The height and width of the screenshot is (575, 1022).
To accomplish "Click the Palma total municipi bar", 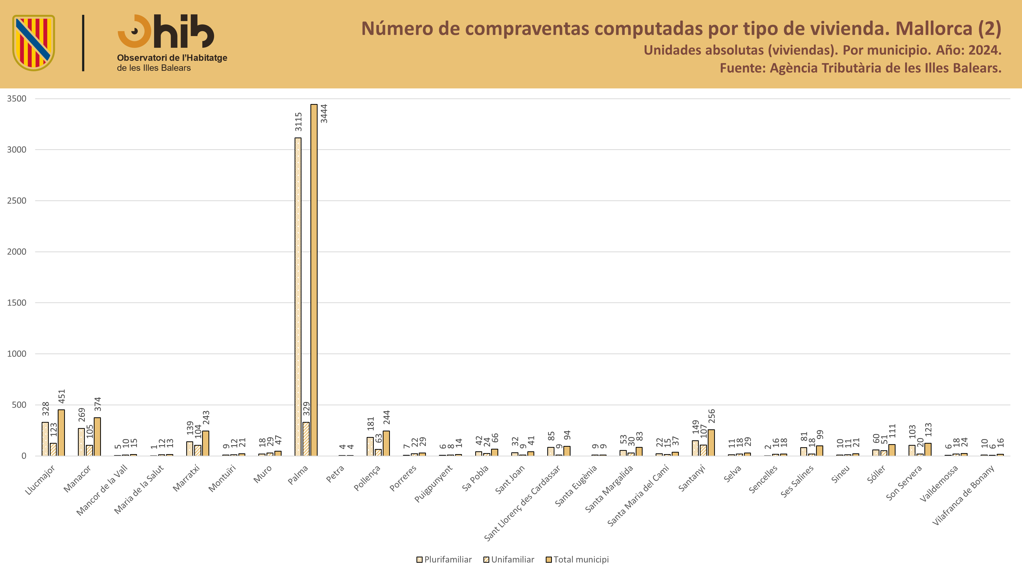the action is point(314,280).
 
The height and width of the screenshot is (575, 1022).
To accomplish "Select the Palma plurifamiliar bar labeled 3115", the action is point(298,297).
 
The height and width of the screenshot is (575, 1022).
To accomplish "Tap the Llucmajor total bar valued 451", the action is point(61,433).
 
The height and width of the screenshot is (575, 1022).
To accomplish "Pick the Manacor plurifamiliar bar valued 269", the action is point(81,442).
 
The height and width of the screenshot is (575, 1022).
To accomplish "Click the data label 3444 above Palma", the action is point(324,113).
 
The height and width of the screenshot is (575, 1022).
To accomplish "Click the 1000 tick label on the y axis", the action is point(17,354).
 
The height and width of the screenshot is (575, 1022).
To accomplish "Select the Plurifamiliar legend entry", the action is point(444,559).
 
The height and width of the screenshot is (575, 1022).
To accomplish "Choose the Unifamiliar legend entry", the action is point(509,559).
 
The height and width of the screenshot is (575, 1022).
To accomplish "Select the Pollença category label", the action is point(367,478).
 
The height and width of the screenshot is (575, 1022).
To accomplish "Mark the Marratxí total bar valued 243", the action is point(205,443).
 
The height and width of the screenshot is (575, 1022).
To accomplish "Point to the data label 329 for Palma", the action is point(306,409).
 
